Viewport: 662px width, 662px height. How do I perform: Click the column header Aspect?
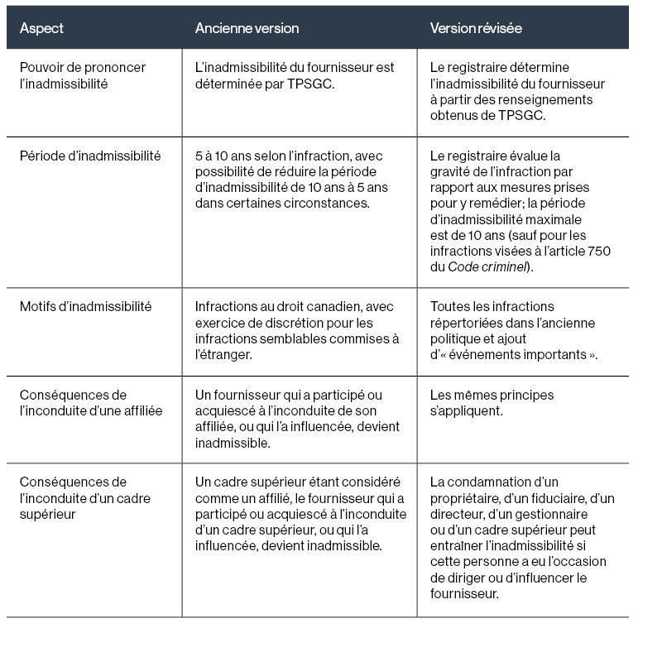coord(41,28)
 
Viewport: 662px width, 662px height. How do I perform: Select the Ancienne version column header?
coord(247,28)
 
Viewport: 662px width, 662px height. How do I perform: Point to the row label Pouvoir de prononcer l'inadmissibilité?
coord(82,75)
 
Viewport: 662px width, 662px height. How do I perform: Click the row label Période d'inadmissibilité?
coord(90,156)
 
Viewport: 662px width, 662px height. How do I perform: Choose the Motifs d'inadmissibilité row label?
coord(85,307)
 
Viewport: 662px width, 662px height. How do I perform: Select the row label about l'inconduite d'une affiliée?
coord(90,403)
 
